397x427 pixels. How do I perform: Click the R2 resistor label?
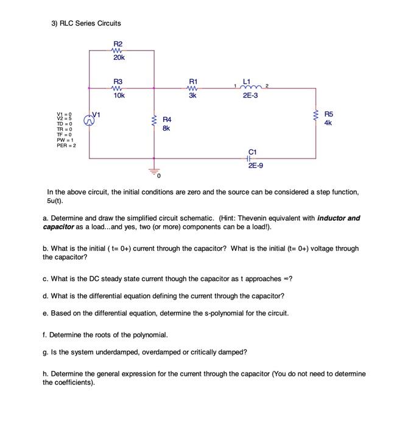[x=118, y=43]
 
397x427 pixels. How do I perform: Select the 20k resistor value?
[x=119, y=57]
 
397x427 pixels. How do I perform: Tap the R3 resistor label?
[x=118, y=81]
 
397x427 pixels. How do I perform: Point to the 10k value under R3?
[x=119, y=95]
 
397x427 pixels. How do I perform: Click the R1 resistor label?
[x=193, y=81]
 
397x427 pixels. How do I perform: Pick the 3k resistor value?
[x=193, y=95]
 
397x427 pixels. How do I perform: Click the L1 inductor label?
[x=247, y=81]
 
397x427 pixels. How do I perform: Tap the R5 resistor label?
[x=329, y=113]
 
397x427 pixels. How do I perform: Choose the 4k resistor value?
[x=328, y=123]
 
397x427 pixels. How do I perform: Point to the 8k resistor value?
[x=166, y=129]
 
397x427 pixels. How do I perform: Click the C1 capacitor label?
[x=253, y=151]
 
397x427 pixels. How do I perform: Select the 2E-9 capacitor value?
[x=255, y=165]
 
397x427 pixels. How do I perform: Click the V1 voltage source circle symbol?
[x=90, y=121]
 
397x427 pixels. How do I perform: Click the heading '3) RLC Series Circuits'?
[x=86, y=23]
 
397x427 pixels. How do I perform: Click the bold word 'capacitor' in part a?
[x=58, y=227]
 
